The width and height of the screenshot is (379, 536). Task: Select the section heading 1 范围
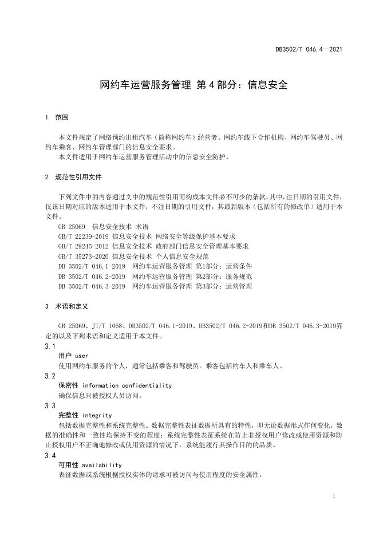pyautogui.click(x=57, y=117)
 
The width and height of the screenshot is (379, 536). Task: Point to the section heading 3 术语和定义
pyautogui.click(x=68, y=306)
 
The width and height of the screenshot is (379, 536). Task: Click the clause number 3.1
pyautogui.click(x=50, y=346)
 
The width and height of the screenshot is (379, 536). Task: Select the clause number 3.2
pyautogui.click(x=50, y=376)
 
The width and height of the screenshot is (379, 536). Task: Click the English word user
pyautogui.click(x=81, y=356)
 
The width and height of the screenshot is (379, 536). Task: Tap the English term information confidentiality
pyautogui.click(x=127, y=385)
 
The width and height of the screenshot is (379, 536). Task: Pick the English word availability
pyautogui.click(x=102, y=465)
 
